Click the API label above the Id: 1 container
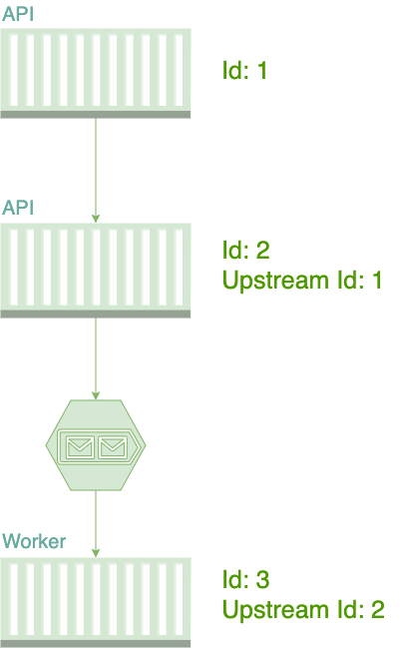(x=18, y=14)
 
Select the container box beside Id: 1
(x=96, y=74)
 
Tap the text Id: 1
(x=244, y=70)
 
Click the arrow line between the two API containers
(x=96, y=171)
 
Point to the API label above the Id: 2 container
(x=18, y=208)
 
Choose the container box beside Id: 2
(x=96, y=271)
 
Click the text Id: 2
(x=246, y=250)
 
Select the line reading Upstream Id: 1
(x=302, y=281)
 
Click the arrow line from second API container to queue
(x=96, y=358)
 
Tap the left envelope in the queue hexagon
(x=80, y=446)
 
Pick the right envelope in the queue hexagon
(x=113, y=446)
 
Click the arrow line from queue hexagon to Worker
(x=96, y=523)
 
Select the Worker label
(x=34, y=541)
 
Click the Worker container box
(x=96, y=602)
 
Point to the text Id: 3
(x=246, y=579)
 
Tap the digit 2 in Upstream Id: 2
(x=378, y=610)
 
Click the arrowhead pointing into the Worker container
(x=96, y=553)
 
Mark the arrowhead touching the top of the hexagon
(x=96, y=395)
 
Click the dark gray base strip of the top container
(x=96, y=115)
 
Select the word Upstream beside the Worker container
(x=275, y=610)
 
